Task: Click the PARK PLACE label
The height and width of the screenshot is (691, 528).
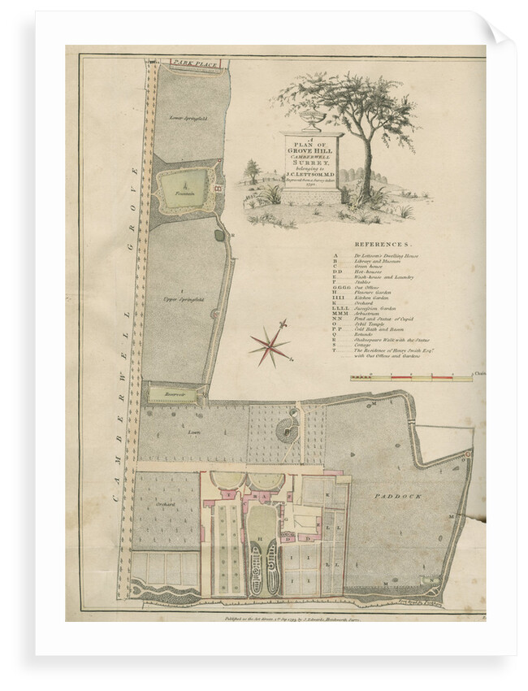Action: coord(192,62)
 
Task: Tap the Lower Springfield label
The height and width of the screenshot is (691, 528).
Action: coord(184,119)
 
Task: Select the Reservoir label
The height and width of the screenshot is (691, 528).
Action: coord(165,394)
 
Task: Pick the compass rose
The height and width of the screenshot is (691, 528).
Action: coord(270,344)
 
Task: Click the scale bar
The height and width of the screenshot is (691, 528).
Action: coord(410,378)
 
